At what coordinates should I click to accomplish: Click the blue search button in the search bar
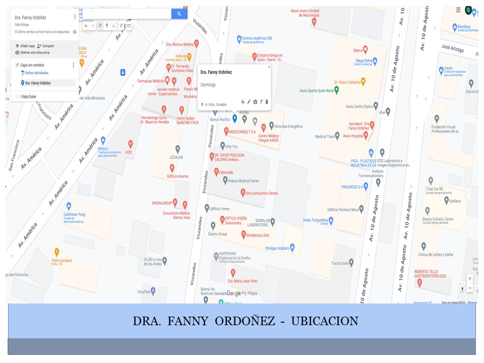(179, 14)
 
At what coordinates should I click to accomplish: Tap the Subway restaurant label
(179, 55)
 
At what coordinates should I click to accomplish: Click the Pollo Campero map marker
(57, 252)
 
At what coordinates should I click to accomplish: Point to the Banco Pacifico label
(220, 119)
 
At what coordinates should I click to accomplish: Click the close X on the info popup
(269, 67)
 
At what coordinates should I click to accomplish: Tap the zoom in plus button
(470, 278)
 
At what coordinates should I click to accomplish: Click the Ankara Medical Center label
(244, 180)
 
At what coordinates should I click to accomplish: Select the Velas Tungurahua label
(315, 220)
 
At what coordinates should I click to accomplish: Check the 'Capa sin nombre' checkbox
(17, 65)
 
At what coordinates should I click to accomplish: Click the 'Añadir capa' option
(27, 45)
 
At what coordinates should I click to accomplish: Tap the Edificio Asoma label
(177, 176)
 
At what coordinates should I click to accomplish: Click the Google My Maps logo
(241, 293)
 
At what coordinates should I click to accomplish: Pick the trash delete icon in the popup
(267, 102)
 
